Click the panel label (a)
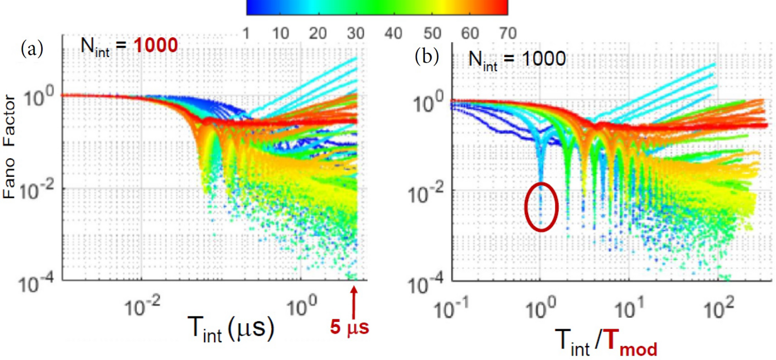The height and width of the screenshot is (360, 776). [32, 49]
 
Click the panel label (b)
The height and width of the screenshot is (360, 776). [426, 56]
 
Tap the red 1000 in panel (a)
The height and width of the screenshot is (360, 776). [155, 45]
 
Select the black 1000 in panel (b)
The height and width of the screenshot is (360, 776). [543, 59]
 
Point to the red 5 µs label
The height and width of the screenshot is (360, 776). [349, 327]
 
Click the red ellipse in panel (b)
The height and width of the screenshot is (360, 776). [541, 207]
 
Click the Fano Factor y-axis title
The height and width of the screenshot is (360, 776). [9, 147]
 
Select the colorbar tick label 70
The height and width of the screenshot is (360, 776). [508, 34]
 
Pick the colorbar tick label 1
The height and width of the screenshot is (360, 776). [246, 34]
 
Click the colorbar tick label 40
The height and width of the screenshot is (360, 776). [393, 34]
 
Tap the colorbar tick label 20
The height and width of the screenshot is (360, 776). [318, 34]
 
